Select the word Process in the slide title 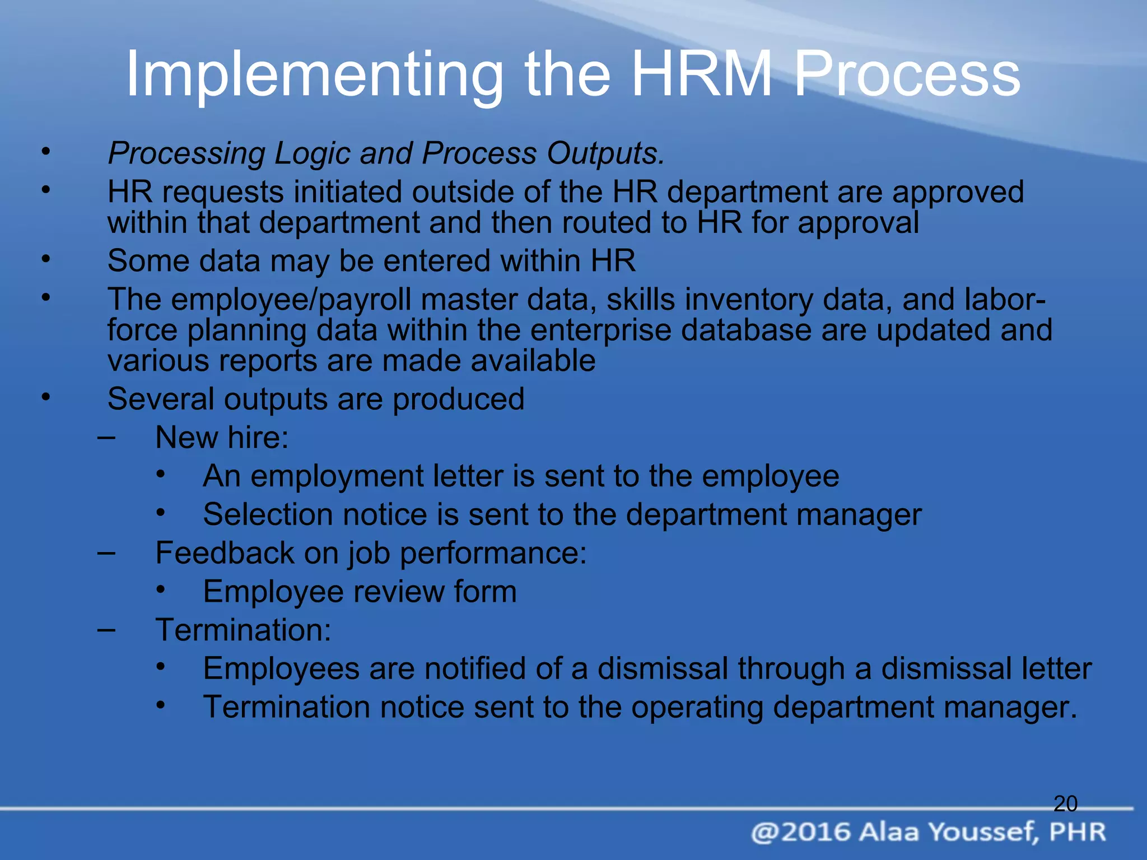pyautogui.click(x=907, y=74)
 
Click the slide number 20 pyautogui.click(x=1065, y=804)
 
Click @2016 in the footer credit pyautogui.click(x=800, y=832)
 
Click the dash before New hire pyautogui.click(x=106, y=437)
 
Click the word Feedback pyautogui.click(x=225, y=553)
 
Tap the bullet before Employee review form pyautogui.click(x=161, y=589)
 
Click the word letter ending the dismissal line pyautogui.click(x=1057, y=669)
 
